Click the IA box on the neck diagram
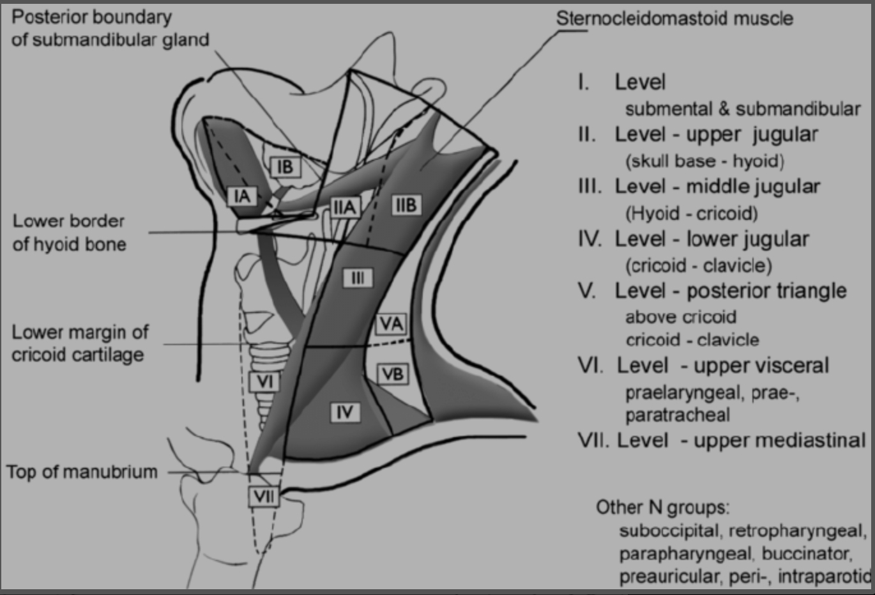tap(242, 196)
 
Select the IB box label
tap(285, 167)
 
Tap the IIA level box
tap(344, 206)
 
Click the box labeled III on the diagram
tap(358, 277)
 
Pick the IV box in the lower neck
tap(345, 412)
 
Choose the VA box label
tap(391, 323)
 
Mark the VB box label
tap(392, 374)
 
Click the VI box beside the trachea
tap(264, 382)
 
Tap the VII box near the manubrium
tap(264, 497)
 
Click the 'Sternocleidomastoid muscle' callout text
tap(674, 18)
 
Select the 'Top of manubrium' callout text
tap(82, 472)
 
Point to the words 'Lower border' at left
tap(68, 221)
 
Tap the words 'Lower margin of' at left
tap(80, 332)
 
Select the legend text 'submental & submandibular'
tap(742, 109)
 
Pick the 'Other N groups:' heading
tap(662, 507)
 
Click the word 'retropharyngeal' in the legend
tap(797, 530)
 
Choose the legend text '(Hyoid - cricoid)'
tap(692, 213)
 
